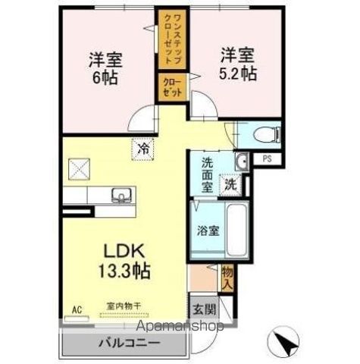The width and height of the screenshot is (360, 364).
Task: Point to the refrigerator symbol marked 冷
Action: point(142,149)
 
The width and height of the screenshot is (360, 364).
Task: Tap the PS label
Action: point(267,159)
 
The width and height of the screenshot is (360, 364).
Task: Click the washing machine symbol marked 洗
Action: point(229,183)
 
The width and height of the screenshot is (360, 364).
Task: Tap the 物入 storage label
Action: point(227,277)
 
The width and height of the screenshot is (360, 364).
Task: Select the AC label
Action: point(76,309)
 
